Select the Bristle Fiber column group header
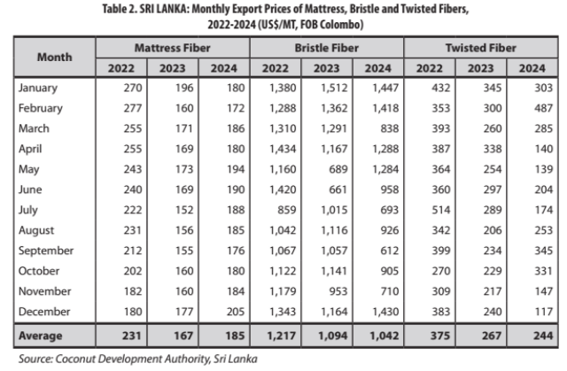[x=326, y=47]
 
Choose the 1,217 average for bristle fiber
[x=279, y=335]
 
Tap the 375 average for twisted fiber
[x=431, y=335]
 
